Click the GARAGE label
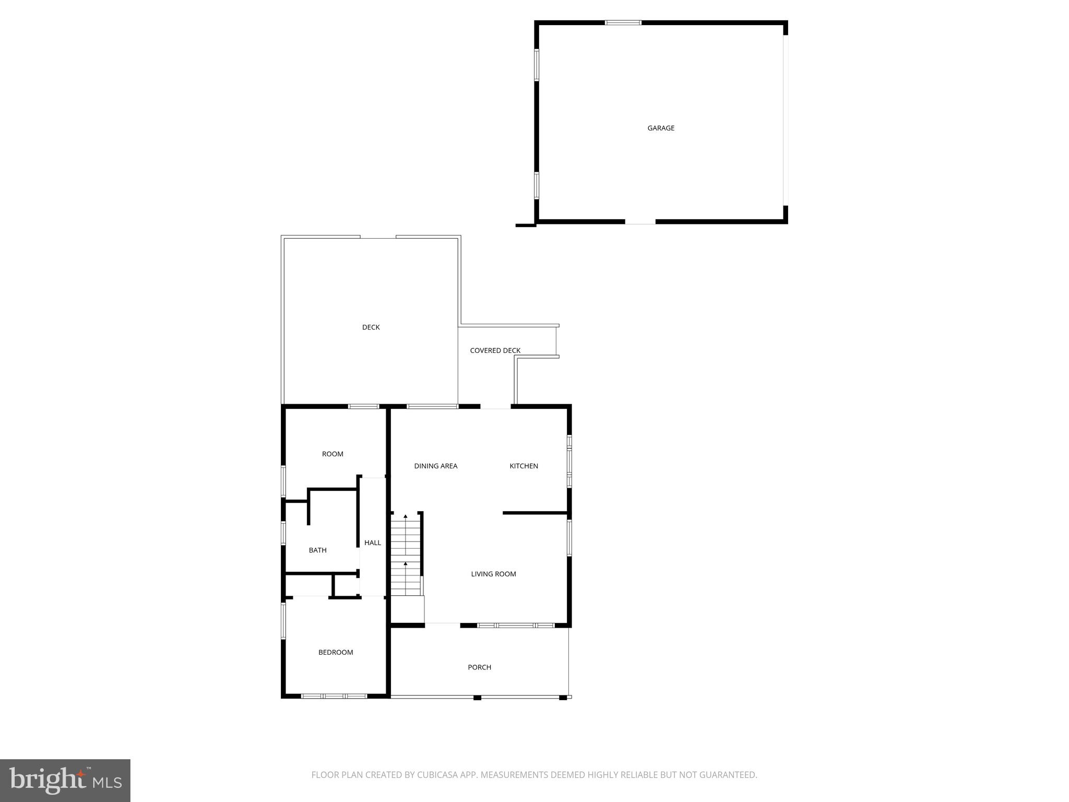(x=661, y=128)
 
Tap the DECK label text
(x=371, y=327)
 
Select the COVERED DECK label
(x=495, y=350)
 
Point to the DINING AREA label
(x=435, y=466)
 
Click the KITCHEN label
(x=524, y=466)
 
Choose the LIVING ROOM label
(x=493, y=574)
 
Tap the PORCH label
(x=479, y=667)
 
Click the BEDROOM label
(x=336, y=652)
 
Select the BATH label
(x=317, y=550)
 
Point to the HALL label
(x=372, y=542)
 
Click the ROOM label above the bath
(x=332, y=454)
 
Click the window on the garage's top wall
(x=623, y=23)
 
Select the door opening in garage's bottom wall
(x=640, y=222)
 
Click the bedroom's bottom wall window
(x=334, y=696)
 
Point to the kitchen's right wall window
(x=569, y=461)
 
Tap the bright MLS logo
(x=65, y=781)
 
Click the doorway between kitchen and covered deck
(x=495, y=407)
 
